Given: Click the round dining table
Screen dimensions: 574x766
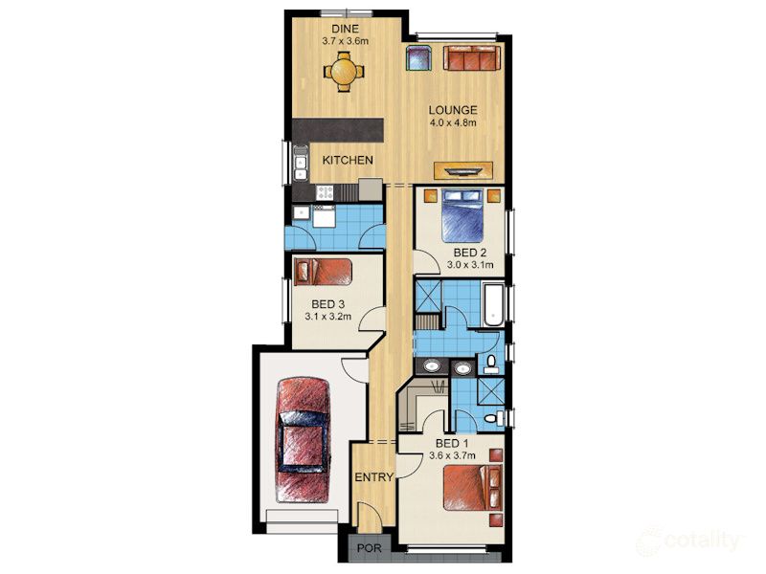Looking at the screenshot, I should coord(343,70).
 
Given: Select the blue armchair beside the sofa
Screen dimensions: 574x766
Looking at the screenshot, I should coord(418,58).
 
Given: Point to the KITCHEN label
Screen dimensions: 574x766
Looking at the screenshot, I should coord(347,160).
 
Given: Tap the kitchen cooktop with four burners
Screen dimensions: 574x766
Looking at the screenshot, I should coord(325,192).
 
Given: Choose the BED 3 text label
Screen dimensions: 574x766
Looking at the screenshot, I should coord(327,305).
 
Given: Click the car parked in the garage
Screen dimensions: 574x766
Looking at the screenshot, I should coord(302,436).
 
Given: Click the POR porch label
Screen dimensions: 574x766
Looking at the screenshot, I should coord(367,549).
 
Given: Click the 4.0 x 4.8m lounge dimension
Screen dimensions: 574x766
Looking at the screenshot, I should coord(452,122).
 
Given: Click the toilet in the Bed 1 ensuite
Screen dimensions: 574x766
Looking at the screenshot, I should coord(490,419).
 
